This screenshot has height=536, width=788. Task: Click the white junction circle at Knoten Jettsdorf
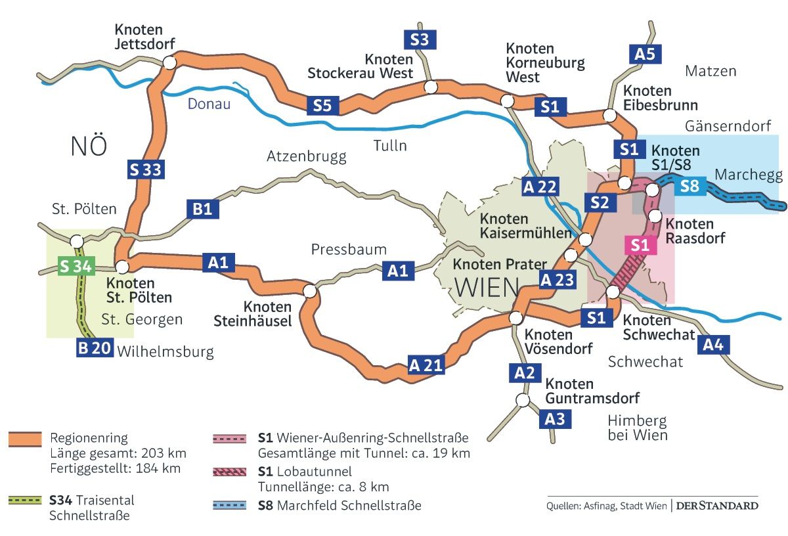pos(169,62)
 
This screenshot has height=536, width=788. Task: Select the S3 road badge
pos(420,39)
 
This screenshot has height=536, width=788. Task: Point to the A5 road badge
pos(646,54)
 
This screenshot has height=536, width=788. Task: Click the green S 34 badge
pos(76,266)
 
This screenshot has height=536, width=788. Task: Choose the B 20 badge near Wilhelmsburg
pos(94,348)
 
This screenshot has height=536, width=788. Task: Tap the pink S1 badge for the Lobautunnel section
pos(640,246)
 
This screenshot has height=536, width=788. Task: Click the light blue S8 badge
pos(689,186)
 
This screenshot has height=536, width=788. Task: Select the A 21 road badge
pos(426,365)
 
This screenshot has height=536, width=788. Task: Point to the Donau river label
pos(209,104)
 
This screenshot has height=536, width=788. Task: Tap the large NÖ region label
pos(88,146)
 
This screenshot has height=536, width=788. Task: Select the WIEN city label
pos(485,287)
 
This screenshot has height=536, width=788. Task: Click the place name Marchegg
pos(749,175)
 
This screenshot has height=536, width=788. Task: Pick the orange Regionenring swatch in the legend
pos(25,439)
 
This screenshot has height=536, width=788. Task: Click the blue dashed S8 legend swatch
pos(230,506)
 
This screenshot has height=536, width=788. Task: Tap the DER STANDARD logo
pos(716,506)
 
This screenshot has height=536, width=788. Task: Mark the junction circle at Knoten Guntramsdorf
pos(523,399)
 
